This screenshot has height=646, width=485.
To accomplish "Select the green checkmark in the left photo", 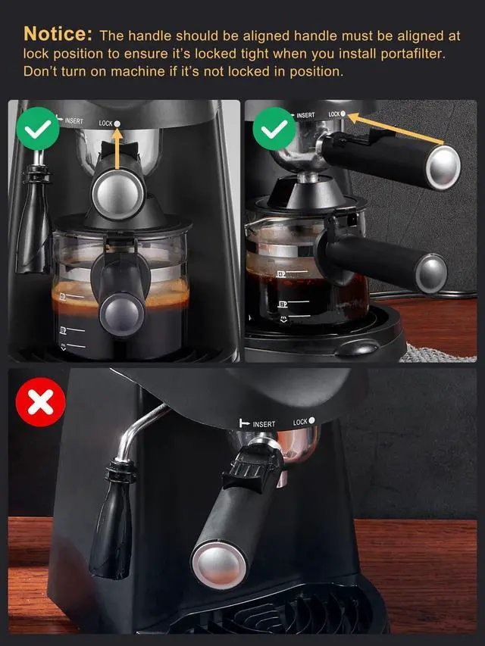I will tap(36, 128).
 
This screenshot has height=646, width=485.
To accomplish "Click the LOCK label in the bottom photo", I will tap(300, 422).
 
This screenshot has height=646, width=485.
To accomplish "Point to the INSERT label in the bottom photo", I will tap(263, 424).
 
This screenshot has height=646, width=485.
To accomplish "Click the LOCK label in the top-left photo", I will tap(105, 123).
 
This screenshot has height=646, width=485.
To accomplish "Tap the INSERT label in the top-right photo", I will tap(305, 116).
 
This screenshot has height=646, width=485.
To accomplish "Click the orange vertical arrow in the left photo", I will tap(117, 148).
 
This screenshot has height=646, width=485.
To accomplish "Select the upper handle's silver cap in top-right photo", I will tap(443, 167).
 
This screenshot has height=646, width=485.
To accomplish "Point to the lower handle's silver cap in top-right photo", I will tap(432, 271).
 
